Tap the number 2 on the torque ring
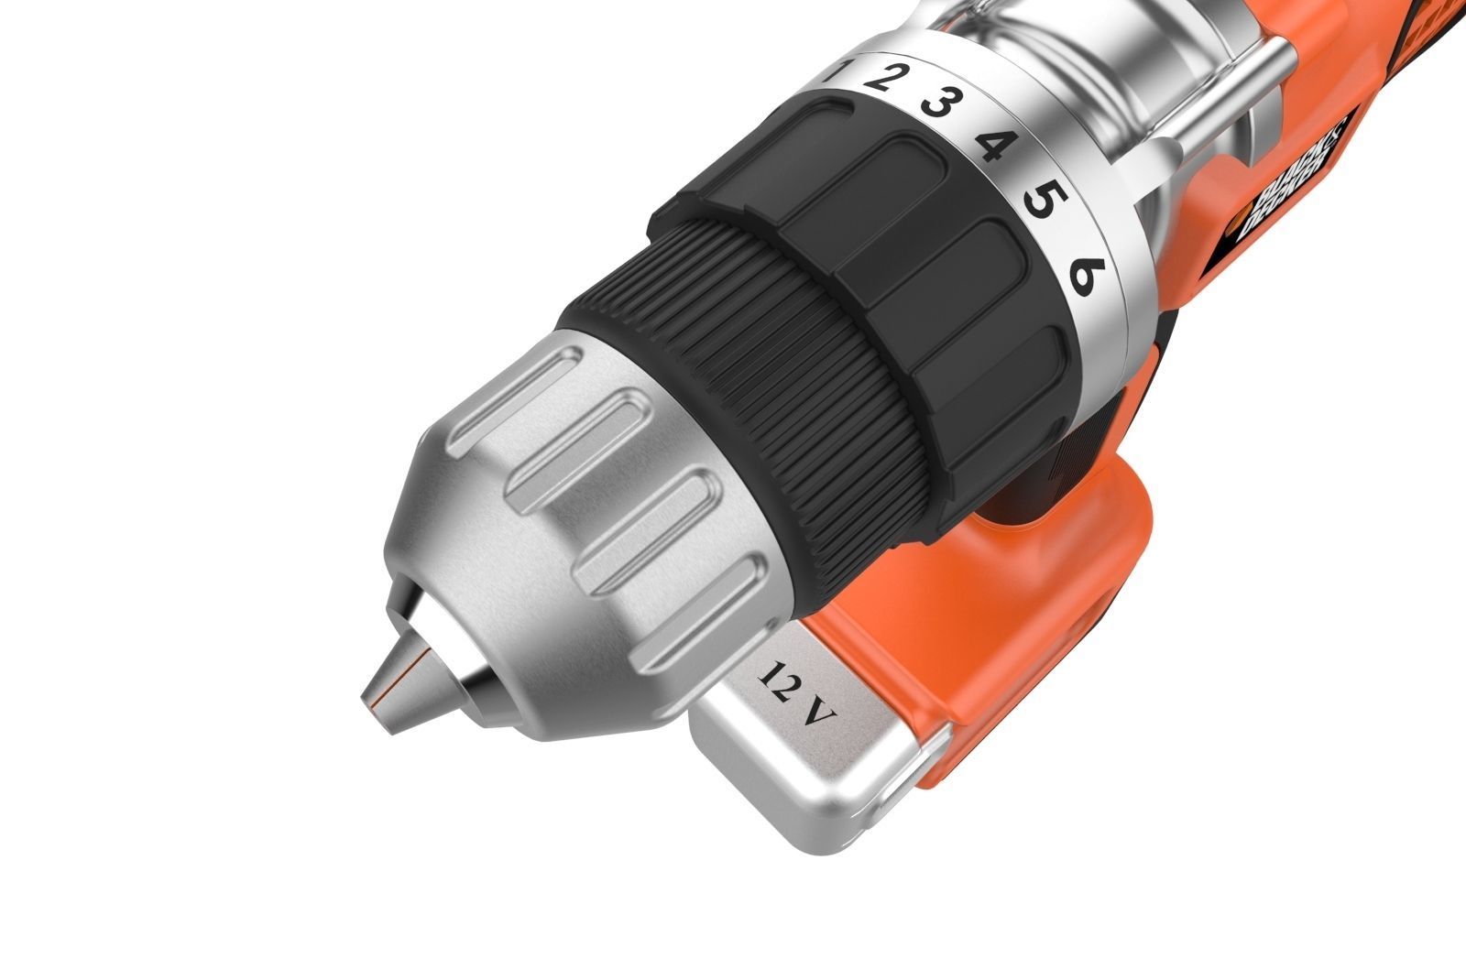(x=880, y=77)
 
